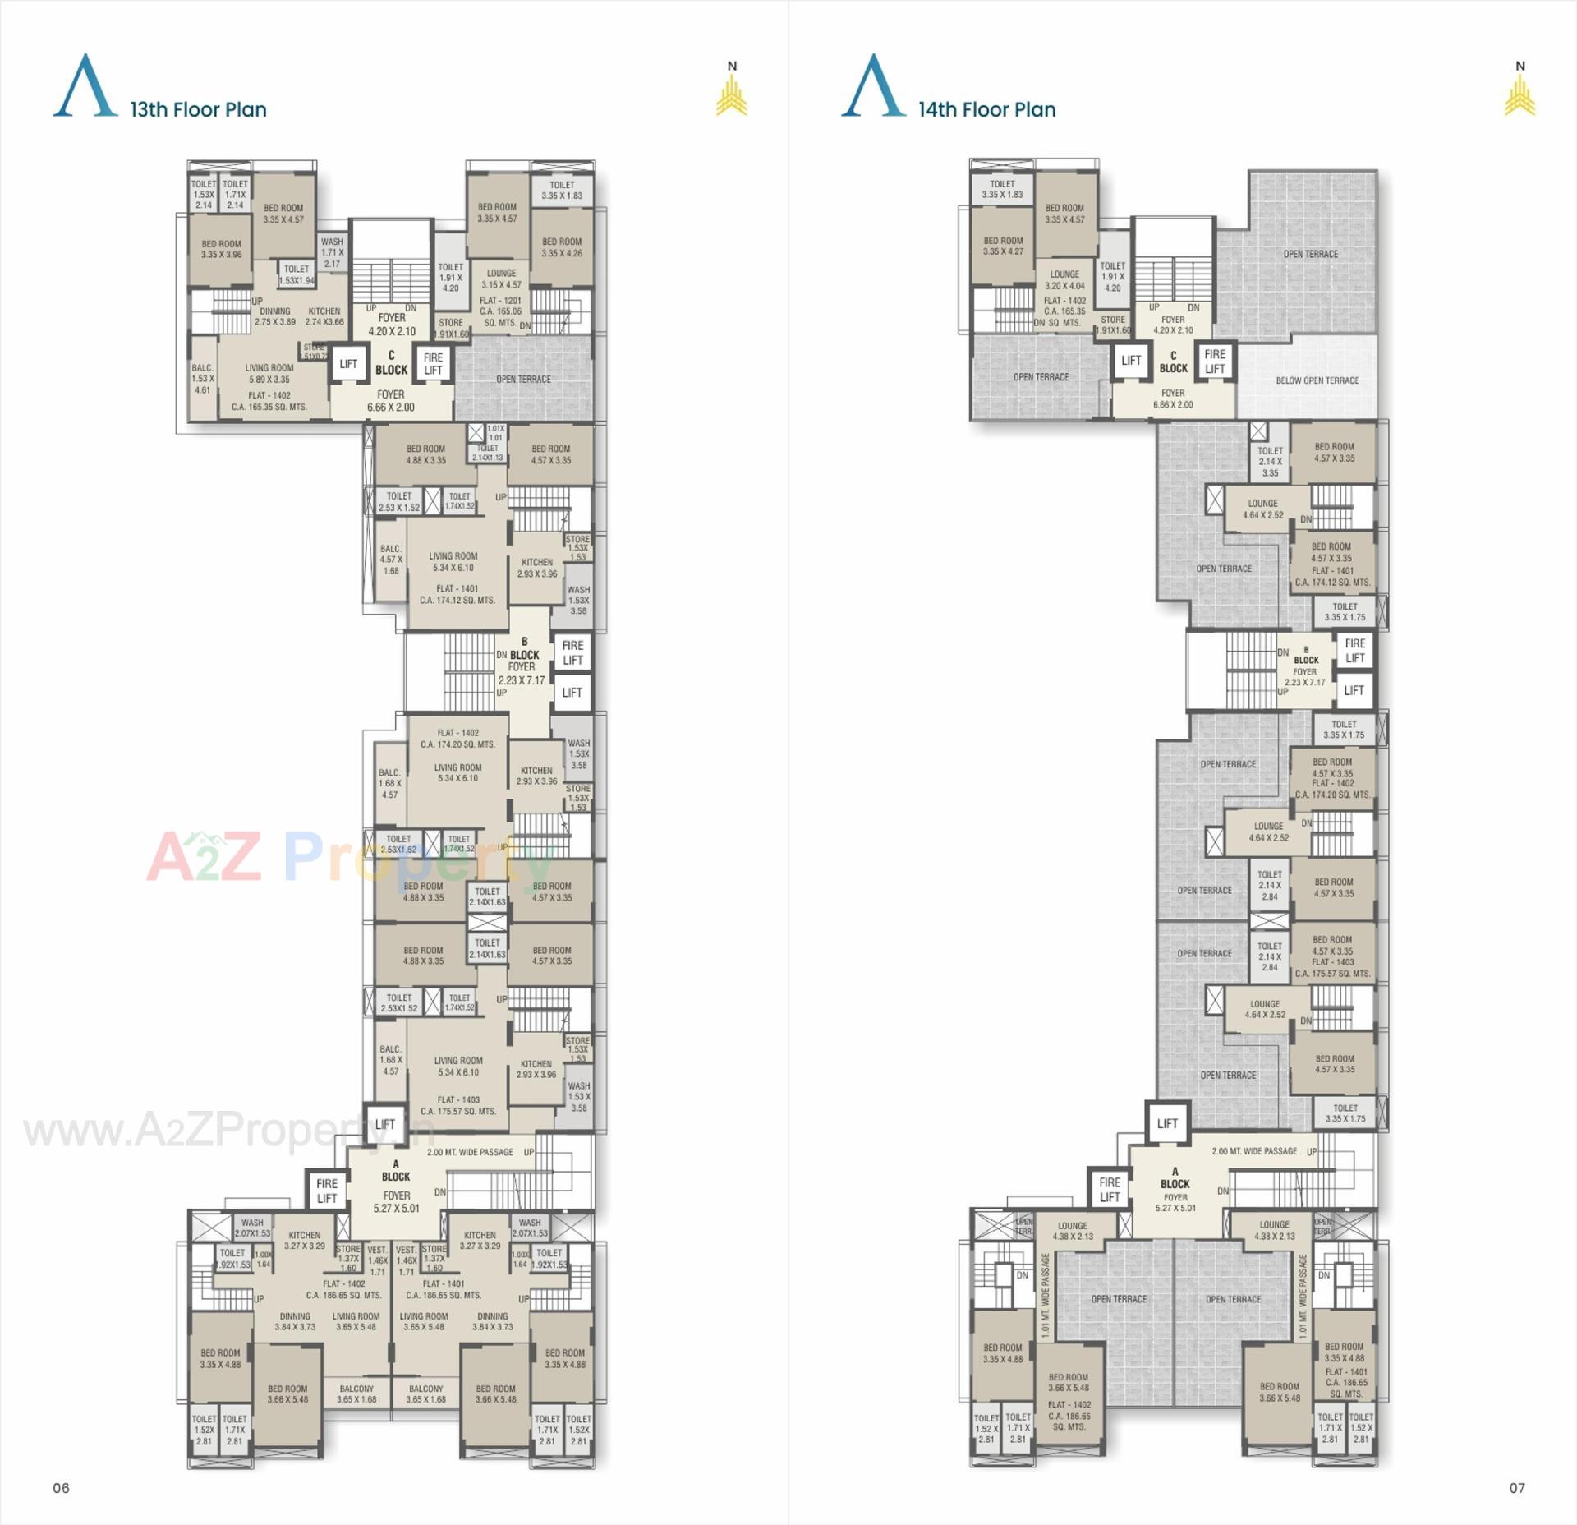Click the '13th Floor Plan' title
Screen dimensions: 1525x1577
click(198, 109)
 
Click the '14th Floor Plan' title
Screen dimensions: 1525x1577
click(986, 109)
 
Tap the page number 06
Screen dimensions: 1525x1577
click(62, 1487)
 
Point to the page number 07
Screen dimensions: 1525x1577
click(1516, 1487)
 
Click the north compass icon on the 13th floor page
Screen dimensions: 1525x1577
click(731, 90)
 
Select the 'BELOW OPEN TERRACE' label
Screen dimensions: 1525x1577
click(1317, 380)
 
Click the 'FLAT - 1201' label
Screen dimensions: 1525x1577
click(500, 301)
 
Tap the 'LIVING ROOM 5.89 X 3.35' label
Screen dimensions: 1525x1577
click(269, 374)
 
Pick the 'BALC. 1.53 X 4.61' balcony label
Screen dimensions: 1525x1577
click(202, 379)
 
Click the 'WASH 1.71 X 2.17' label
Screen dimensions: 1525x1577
click(332, 252)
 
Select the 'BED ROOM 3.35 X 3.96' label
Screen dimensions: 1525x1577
click(221, 249)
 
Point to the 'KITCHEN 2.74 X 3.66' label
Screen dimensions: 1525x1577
click(324, 316)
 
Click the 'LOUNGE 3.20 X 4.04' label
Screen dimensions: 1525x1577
click(1064, 280)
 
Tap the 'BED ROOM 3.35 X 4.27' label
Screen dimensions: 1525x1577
click(1003, 246)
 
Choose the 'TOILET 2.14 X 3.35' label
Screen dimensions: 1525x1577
click(1270, 462)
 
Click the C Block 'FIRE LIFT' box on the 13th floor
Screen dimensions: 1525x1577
click(433, 363)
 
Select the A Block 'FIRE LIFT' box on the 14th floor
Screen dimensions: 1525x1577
click(1110, 1190)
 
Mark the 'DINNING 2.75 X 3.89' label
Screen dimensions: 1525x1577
click(274, 316)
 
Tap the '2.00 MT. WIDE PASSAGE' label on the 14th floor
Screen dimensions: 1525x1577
click(1254, 1151)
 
